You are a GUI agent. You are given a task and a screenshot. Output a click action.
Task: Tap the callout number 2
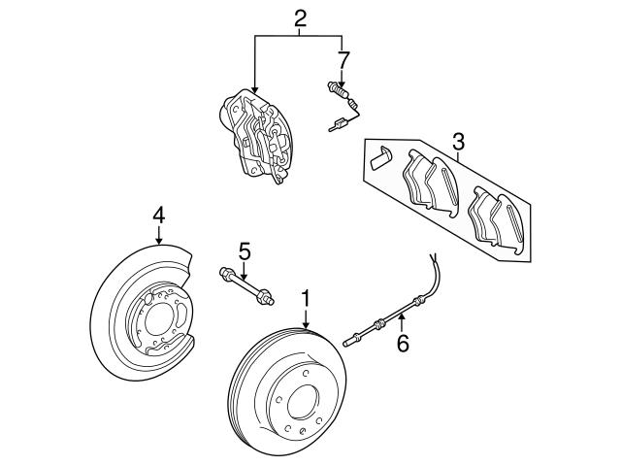point(300,18)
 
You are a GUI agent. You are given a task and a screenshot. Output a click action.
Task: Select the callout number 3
point(458,143)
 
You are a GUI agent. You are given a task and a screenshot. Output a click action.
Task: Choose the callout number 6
point(402,342)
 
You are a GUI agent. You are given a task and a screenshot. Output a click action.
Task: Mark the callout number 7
point(341,59)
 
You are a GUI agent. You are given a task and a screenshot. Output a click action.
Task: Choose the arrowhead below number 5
point(245,276)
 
